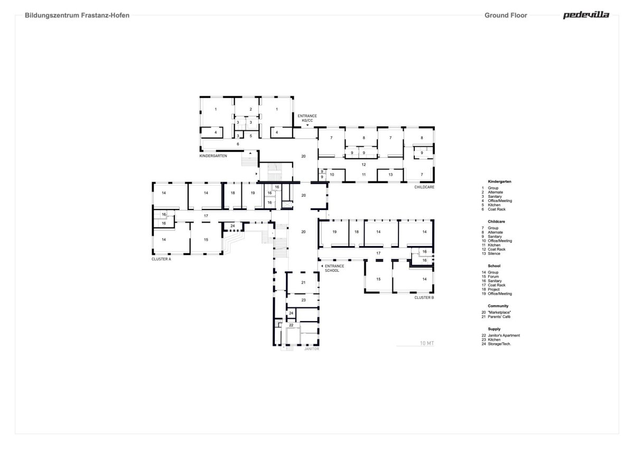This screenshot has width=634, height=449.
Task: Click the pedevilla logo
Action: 586,15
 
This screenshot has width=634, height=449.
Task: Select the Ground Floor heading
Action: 506,15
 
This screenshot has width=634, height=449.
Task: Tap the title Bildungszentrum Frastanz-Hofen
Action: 77,15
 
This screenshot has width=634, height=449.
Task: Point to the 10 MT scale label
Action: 427,343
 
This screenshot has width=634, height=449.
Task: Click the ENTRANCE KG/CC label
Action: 307,118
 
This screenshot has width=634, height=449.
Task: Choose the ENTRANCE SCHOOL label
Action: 334,268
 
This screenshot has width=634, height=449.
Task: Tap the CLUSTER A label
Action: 161,259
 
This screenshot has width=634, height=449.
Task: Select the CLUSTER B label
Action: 424,298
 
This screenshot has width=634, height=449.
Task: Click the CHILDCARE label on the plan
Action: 424,187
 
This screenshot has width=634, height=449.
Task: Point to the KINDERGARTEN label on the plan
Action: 213,156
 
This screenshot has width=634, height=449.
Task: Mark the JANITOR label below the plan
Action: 312,349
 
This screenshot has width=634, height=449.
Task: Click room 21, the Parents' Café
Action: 303,282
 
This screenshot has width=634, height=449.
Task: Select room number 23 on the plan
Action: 303,300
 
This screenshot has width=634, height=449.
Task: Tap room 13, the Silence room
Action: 390,175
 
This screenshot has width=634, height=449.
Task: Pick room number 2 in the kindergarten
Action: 250,109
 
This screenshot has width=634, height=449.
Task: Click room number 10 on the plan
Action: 332,175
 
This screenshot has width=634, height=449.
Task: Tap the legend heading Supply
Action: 494,329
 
